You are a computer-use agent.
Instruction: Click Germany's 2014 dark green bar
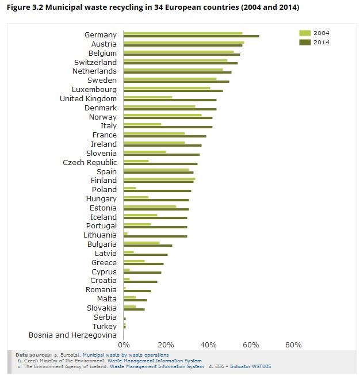pyautogui.click(x=192, y=36)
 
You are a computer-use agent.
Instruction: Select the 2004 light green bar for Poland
pyautogui.click(x=130, y=188)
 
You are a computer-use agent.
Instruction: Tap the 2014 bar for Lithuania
pyautogui.click(x=155, y=236)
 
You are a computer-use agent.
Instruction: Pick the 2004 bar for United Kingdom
pyautogui.click(x=148, y=97)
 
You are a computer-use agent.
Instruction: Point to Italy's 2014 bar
pyautogui.click(x=168, y=127)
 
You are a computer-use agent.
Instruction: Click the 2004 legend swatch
pyautogui.click(x=305, y=33)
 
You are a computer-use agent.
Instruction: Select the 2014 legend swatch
pyautogui.click(x=305, y=42)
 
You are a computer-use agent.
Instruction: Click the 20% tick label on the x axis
pyautogui.click(x=166, y=345)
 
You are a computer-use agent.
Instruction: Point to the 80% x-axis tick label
pyautogui.click(x=293, y=345)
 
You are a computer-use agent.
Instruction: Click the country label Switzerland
pyautogui.click(x=95, y=62)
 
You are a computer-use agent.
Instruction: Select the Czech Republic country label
pyautogui.click(x=90, y=163)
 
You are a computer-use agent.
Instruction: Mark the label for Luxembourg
pyautogui.click(x=94, y=90)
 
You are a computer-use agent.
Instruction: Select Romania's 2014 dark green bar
pyautogui.click(x=137, y=291)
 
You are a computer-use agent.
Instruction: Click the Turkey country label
pyautogui.click(x=105, y=326)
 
